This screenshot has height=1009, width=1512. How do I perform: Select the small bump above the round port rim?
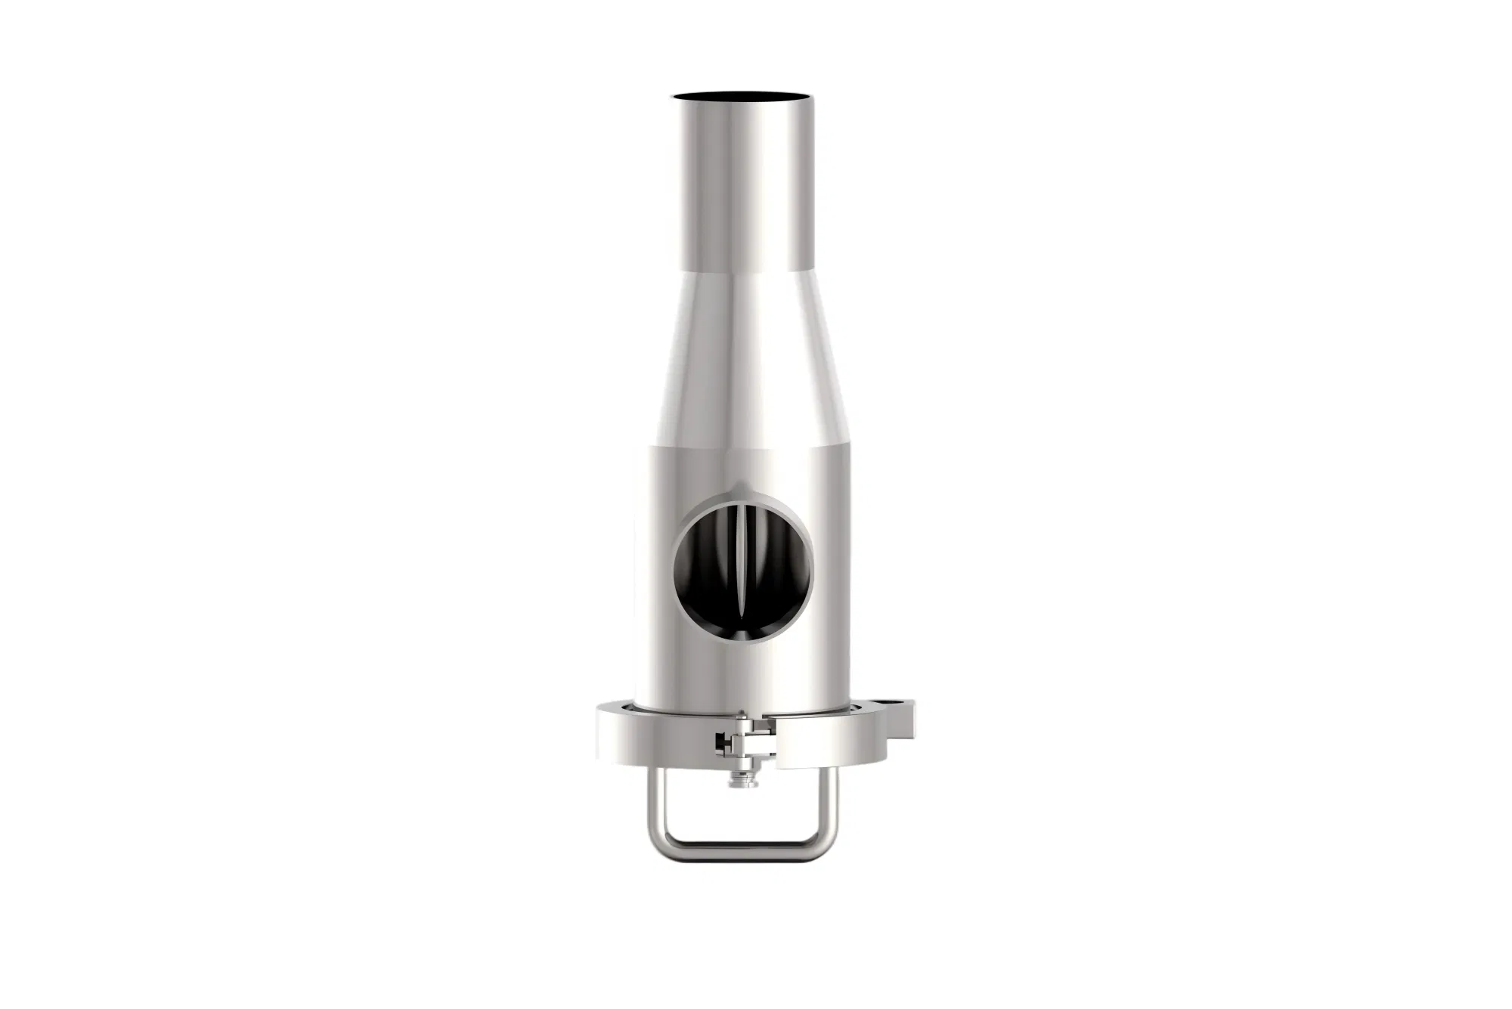[x=736, y=487]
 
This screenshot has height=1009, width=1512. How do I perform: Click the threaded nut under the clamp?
[x=743, y=781]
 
